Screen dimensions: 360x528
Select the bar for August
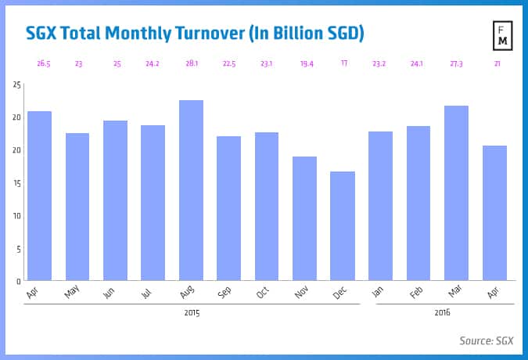point(191,190)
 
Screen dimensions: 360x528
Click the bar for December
point(343,225)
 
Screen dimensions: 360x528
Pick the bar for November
point(304,218)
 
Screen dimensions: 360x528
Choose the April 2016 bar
point(494,213)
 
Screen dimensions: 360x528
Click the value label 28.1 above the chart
point(191,63)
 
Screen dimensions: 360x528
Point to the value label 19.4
point(304,63)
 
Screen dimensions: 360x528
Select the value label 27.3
point(456,63)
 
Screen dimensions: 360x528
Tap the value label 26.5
point(39,63)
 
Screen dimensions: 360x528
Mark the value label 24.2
point(153,63)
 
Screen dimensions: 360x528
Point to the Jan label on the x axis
point(377,291)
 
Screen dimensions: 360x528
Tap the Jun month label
point(111,291)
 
